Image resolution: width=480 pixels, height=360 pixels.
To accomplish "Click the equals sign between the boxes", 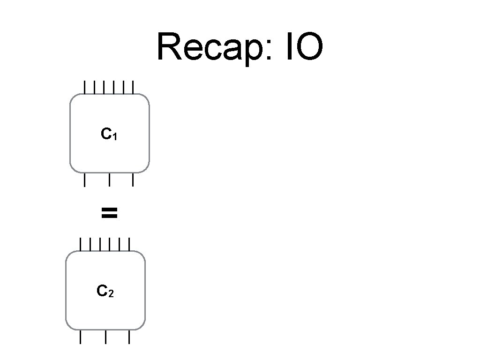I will point(109,214).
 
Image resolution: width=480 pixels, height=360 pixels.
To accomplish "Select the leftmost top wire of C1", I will point(84,87).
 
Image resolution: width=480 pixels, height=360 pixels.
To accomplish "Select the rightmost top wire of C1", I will point(133,87).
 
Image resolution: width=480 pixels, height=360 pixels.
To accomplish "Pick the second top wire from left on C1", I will point(94,87).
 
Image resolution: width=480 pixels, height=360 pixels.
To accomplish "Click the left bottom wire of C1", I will point(84,180).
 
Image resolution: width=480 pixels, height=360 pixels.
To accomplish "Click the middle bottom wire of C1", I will point(109,180).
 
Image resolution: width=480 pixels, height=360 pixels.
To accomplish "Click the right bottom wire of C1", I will point(133,180).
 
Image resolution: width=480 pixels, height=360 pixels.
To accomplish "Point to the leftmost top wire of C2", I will point(80,244).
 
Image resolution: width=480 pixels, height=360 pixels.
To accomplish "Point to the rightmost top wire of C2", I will point(129,244).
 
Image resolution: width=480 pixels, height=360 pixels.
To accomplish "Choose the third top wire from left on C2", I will point(100,244).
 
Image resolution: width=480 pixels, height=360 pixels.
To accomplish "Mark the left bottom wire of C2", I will point(80,337).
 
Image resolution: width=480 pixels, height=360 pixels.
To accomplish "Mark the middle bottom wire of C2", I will point(105,337).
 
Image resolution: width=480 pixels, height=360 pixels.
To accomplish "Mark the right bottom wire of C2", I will point(129,337).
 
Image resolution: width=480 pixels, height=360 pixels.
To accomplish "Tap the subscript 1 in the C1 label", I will point(114,137).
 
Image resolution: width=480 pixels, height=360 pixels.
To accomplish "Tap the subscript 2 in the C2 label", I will point(111,294).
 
